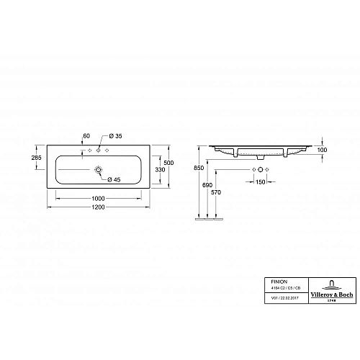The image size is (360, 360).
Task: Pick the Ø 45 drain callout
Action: [113, 179]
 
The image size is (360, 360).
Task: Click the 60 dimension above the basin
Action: [86, 135]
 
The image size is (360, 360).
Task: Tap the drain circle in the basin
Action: [98, 171]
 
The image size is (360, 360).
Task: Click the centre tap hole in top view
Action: [98, 151]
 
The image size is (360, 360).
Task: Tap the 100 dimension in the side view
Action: [323, 150]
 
